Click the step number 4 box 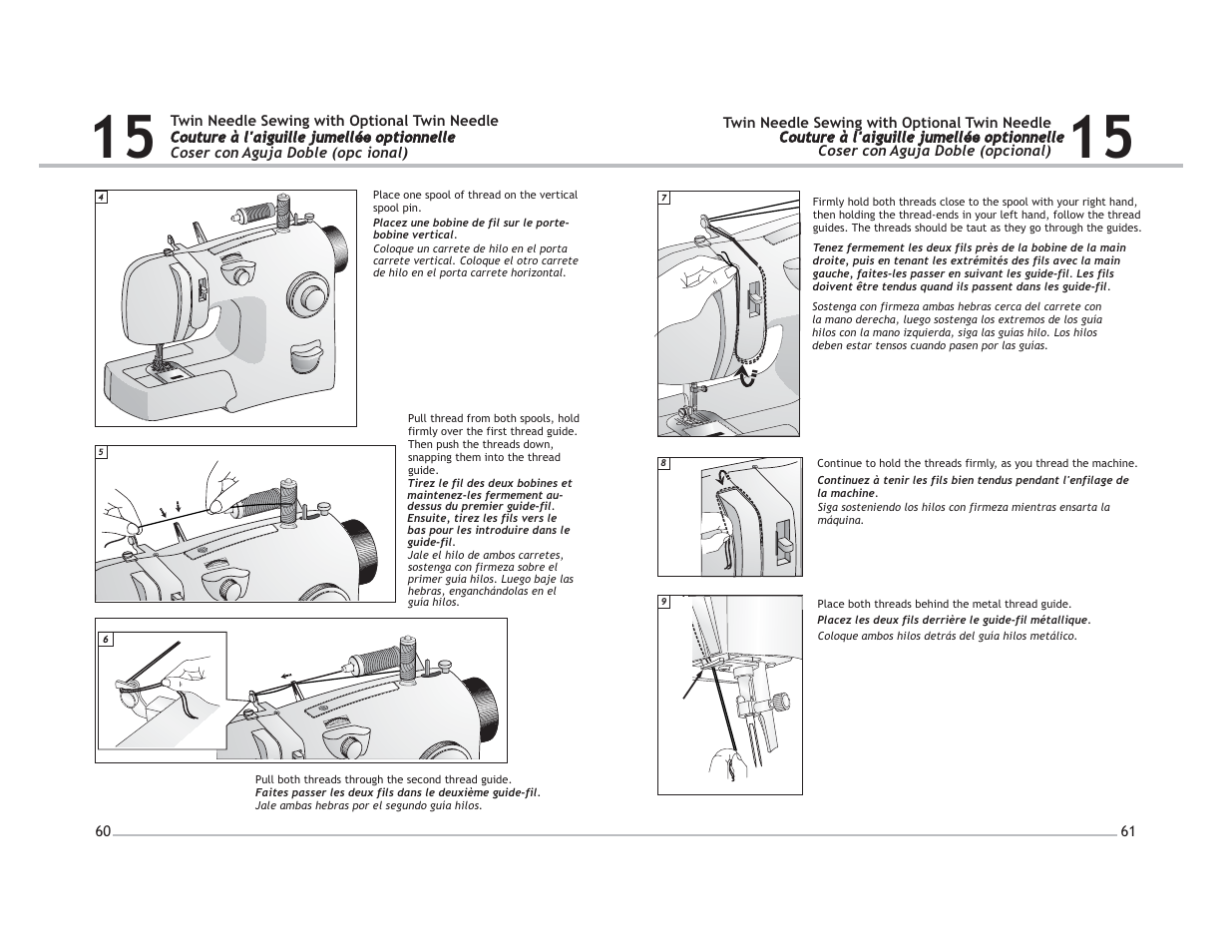tap(101, 197)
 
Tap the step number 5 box tap(101, 452)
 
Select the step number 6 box tap(104, 640)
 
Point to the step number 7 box tap(663, 198)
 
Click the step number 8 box tap(663, 463)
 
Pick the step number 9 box tap(663, 601)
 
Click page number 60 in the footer tap(103, 831)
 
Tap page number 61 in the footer tap(1128, 831)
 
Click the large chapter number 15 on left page tap(123, 138)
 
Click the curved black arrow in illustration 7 tap(747, 374)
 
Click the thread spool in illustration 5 tap(269, 496)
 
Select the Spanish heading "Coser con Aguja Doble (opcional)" tap(935, 152)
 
